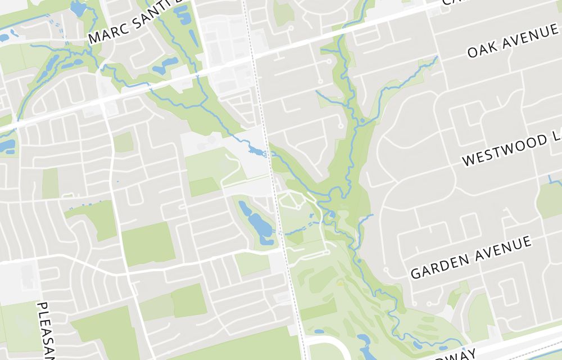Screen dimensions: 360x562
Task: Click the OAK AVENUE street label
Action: [512, 42]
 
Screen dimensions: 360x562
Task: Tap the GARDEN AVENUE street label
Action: [471, 257]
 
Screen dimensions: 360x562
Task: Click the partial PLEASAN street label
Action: [46, 330]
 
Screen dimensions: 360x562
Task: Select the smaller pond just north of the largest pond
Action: [246, 208]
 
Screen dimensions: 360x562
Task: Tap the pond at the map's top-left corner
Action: [78, 8]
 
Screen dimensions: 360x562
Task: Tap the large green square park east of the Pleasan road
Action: [148, 244]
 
